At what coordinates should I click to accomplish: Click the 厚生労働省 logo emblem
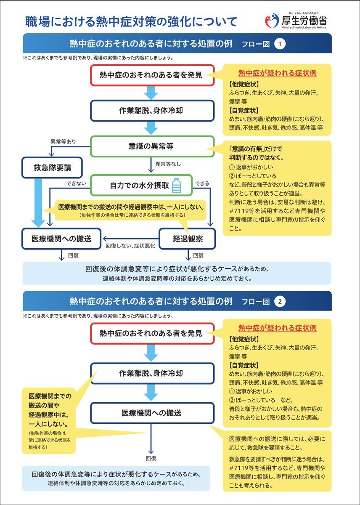coord(272,21)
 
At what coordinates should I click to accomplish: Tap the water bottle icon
coord(177,185)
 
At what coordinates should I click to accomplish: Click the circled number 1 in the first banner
coord(280,44)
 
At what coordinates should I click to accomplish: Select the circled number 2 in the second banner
coord(280,302)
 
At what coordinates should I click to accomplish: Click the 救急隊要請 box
coord(52,168)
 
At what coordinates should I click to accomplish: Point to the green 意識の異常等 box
coord(152,146)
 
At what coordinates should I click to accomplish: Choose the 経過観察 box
coord(188,239)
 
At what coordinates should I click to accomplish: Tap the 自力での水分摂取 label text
coord(140,185)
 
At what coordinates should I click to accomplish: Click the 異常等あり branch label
coord(64,141)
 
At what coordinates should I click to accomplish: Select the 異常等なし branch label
coord(168,164)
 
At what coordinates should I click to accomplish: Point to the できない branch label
coord(76,183)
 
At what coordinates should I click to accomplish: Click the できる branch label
coord(202,183)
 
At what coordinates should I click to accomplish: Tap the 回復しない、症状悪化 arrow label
coord(130,246)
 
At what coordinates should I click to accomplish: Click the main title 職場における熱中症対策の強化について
coord(131,21)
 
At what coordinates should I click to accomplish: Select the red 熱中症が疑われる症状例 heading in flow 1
coord(278,73)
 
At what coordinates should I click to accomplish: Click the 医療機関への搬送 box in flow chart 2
coord(152,413)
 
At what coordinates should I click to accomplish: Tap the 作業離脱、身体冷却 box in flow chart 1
coord(152,110)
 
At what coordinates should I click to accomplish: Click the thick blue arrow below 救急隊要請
coord(38,203)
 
